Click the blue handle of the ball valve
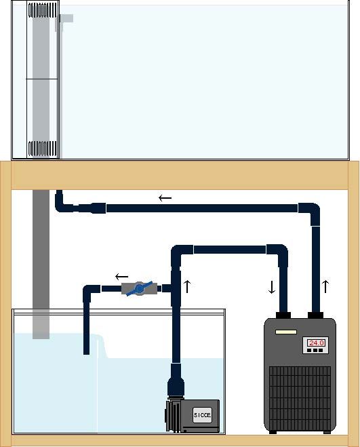tap(140, 288)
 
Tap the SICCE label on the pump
tap(203, 415)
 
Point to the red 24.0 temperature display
tap(316, 343)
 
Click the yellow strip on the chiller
tap(286, 332)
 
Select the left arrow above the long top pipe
tap(165, 198)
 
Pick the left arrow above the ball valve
tap(122, 277)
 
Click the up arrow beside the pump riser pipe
tap(187, 286)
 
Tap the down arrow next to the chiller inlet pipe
tap(272, 288)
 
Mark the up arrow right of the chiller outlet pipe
tap(325, 286)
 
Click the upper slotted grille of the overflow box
tap(42, 10)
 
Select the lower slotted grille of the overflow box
tap(42, 149)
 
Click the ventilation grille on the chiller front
tap(300, 397)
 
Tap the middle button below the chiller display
tap(315, 351)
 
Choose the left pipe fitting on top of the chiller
tap(283, 315)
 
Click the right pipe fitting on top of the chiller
tap(315, 315)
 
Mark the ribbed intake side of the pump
tap(173, 416)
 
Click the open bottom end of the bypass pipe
tap(86, 353)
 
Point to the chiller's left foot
tap(273, 432)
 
